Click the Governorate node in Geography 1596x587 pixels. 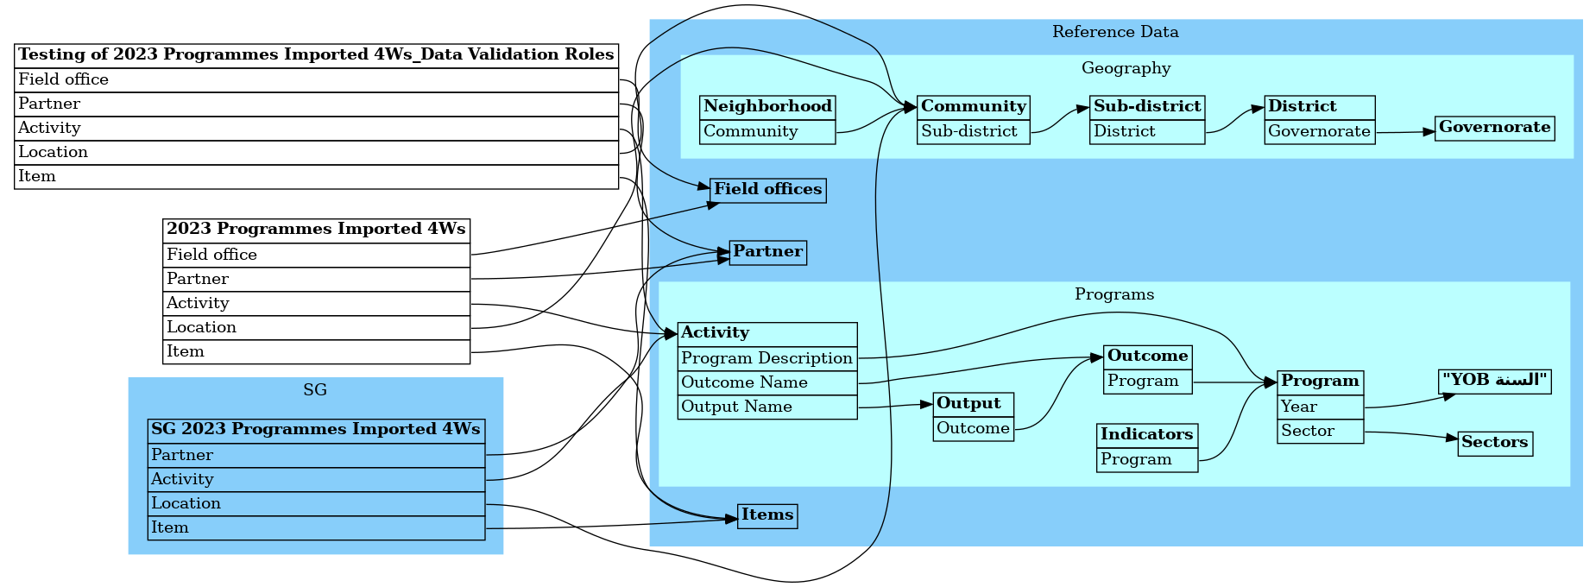pos(1494,128)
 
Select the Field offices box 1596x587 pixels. pos(767,190)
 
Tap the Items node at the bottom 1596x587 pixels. pos(766,515)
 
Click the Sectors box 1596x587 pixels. pos(1494,443)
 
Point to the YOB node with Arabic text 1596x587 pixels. pos(1494,381)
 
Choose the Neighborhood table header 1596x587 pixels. pos(767,107)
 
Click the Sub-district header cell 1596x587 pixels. pos(1146,107)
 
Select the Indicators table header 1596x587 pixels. pos(1146,435)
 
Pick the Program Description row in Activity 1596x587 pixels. pos(766,358)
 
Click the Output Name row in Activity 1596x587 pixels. pos(766,407)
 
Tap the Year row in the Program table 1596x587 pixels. pos(1320,407)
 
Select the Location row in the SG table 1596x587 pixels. pos(316,503)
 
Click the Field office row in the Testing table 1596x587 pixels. pos(316,79)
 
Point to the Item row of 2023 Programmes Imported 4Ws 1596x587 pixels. pos(316,351)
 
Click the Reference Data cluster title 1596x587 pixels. pos(1114,32)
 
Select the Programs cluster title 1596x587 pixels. pos(1113,294)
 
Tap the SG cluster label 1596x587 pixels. pos(315,390)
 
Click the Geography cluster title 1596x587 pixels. pos(1126,68)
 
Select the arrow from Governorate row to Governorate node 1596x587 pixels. pos(1405,132)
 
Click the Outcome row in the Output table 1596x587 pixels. pos(973,428)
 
